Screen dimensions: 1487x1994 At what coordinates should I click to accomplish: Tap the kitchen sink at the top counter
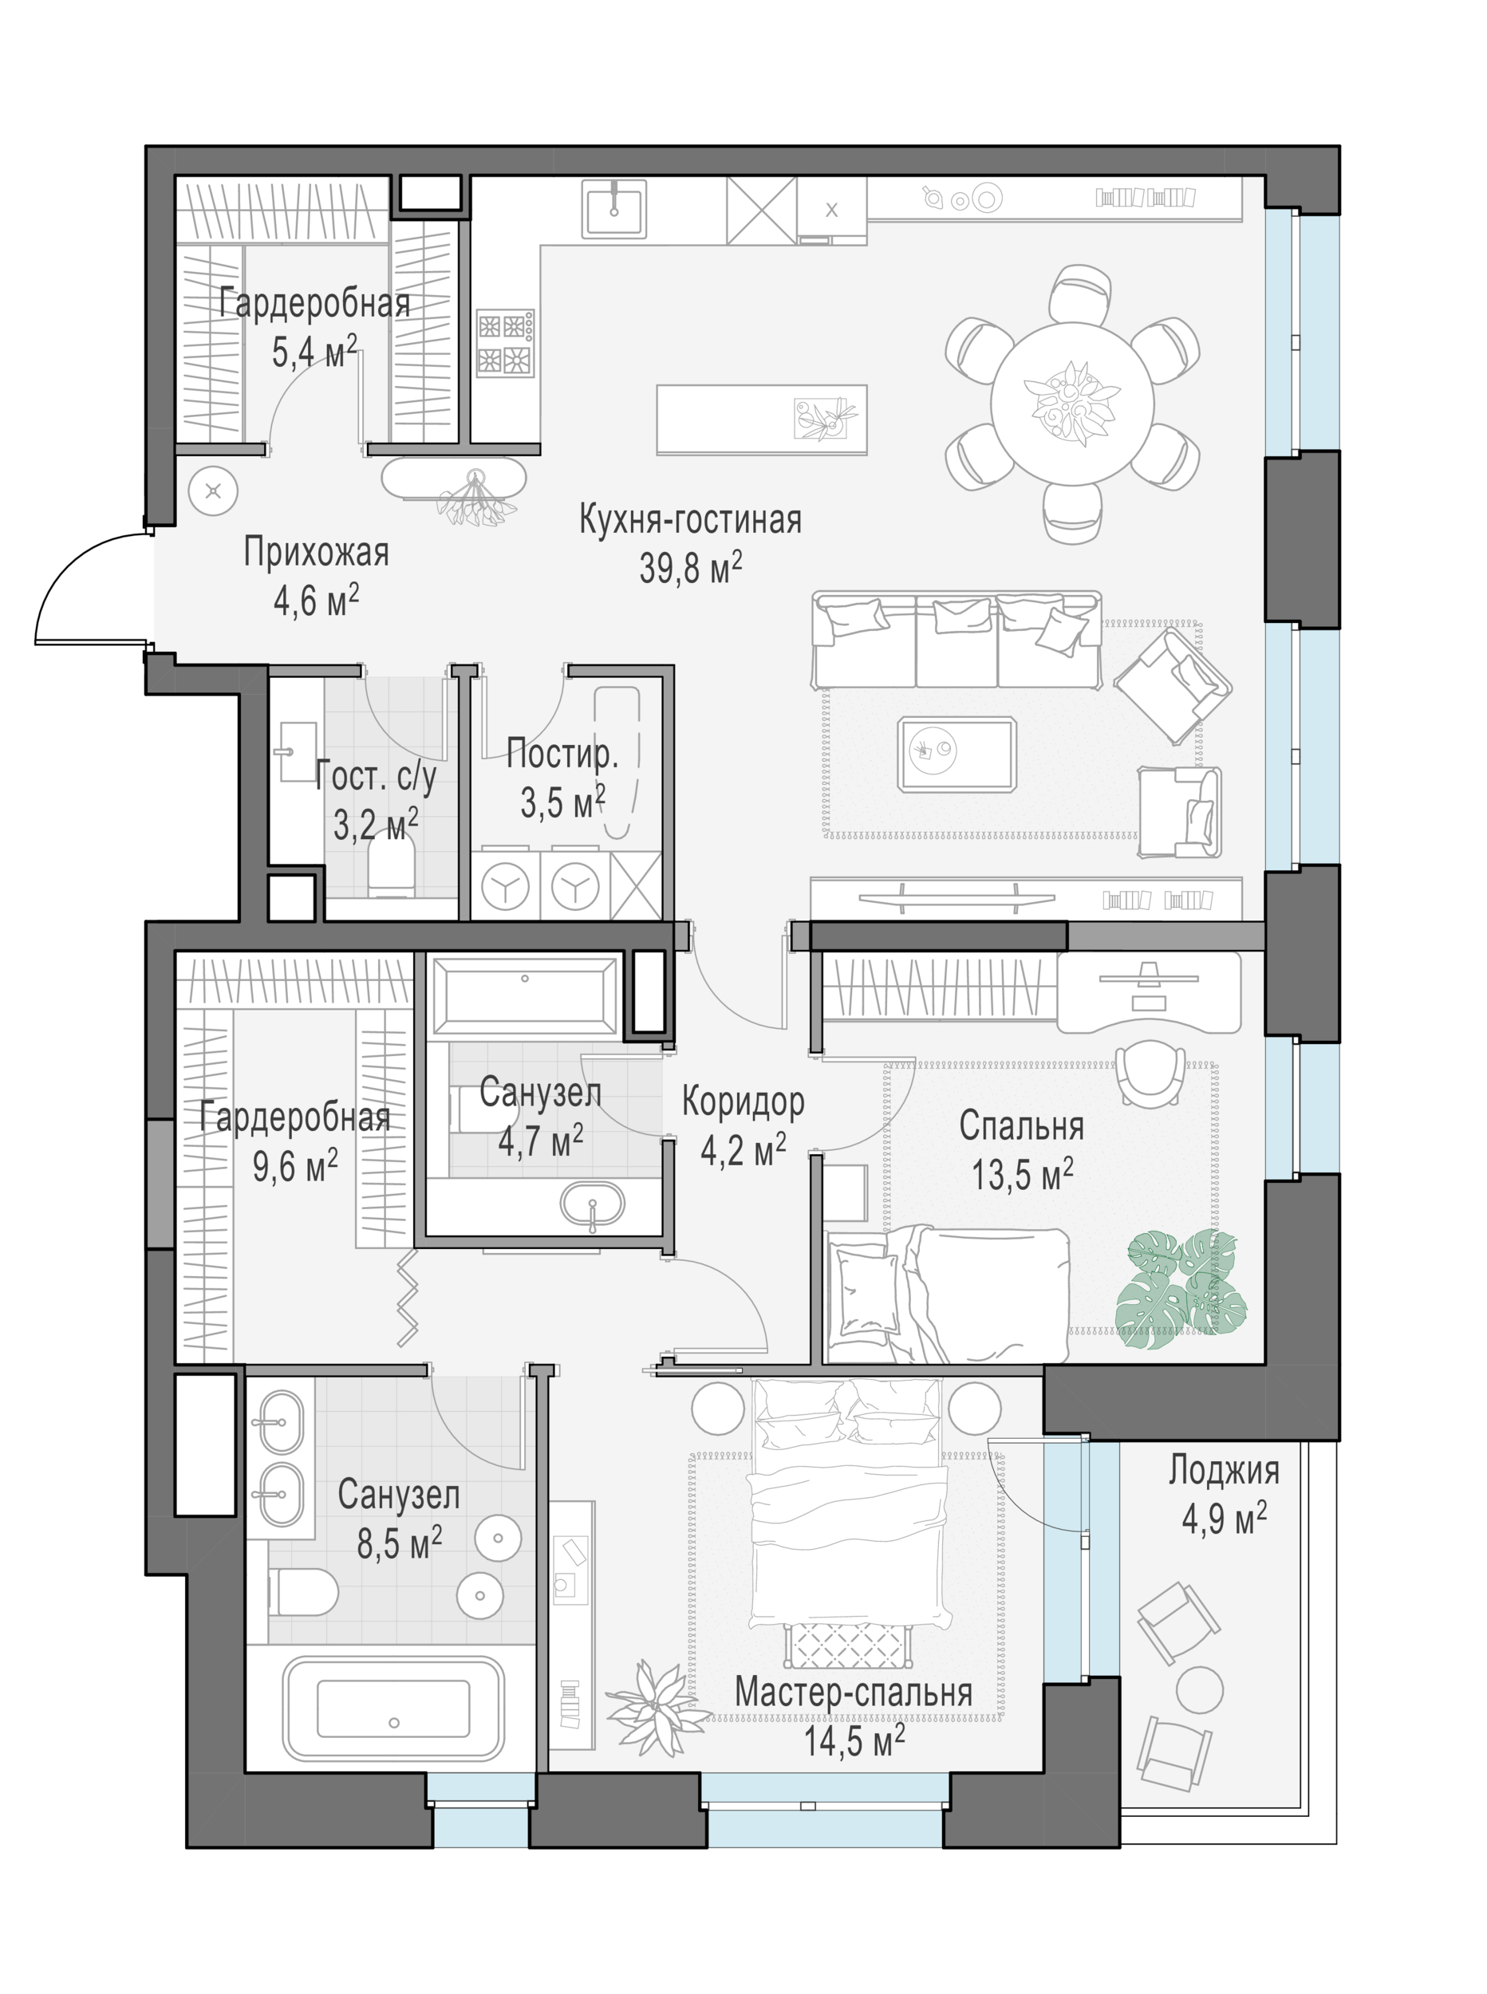coord(615,208)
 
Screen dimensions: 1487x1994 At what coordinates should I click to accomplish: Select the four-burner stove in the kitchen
coord(505,342)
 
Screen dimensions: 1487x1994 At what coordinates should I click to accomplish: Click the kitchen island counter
coord(762,420)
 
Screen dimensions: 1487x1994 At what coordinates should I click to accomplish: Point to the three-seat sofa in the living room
coord(956,640)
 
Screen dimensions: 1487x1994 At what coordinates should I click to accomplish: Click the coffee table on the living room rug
coord(956,754)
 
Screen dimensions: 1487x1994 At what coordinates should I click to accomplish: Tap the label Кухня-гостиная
coord(690,520)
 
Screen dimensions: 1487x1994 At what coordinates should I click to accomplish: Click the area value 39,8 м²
coord(690,568)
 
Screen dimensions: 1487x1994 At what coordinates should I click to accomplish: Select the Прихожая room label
coord(316,553)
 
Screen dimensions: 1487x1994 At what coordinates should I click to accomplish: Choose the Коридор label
coord(743,1101)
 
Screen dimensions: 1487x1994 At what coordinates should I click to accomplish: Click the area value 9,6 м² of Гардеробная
coord(295,1167)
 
